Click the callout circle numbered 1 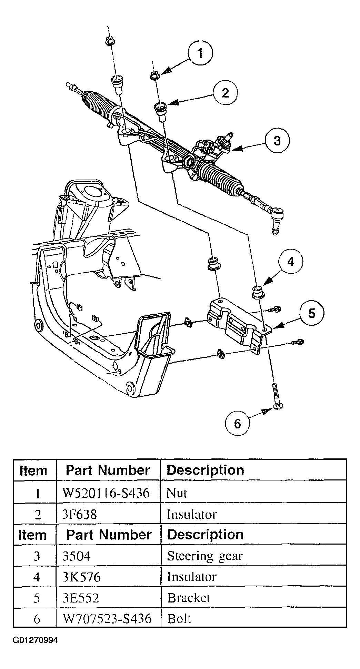coord(200,53)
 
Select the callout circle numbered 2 coord(225,93)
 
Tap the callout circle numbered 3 coord(277,141)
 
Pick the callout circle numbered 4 coord(291,262)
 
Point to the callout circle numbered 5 coord(312,313)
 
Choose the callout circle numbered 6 coord(237,424)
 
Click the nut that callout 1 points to coord(155,76)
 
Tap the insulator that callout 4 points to coord(257,292)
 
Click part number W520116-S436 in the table coord(106,493)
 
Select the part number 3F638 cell coord(80,514)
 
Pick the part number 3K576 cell coord(82,577)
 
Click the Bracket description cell coord(189,597)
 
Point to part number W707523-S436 coord(107,619)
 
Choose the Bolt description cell coord(179,619)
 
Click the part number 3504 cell coord(78,556)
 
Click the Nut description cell coord(177,493)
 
